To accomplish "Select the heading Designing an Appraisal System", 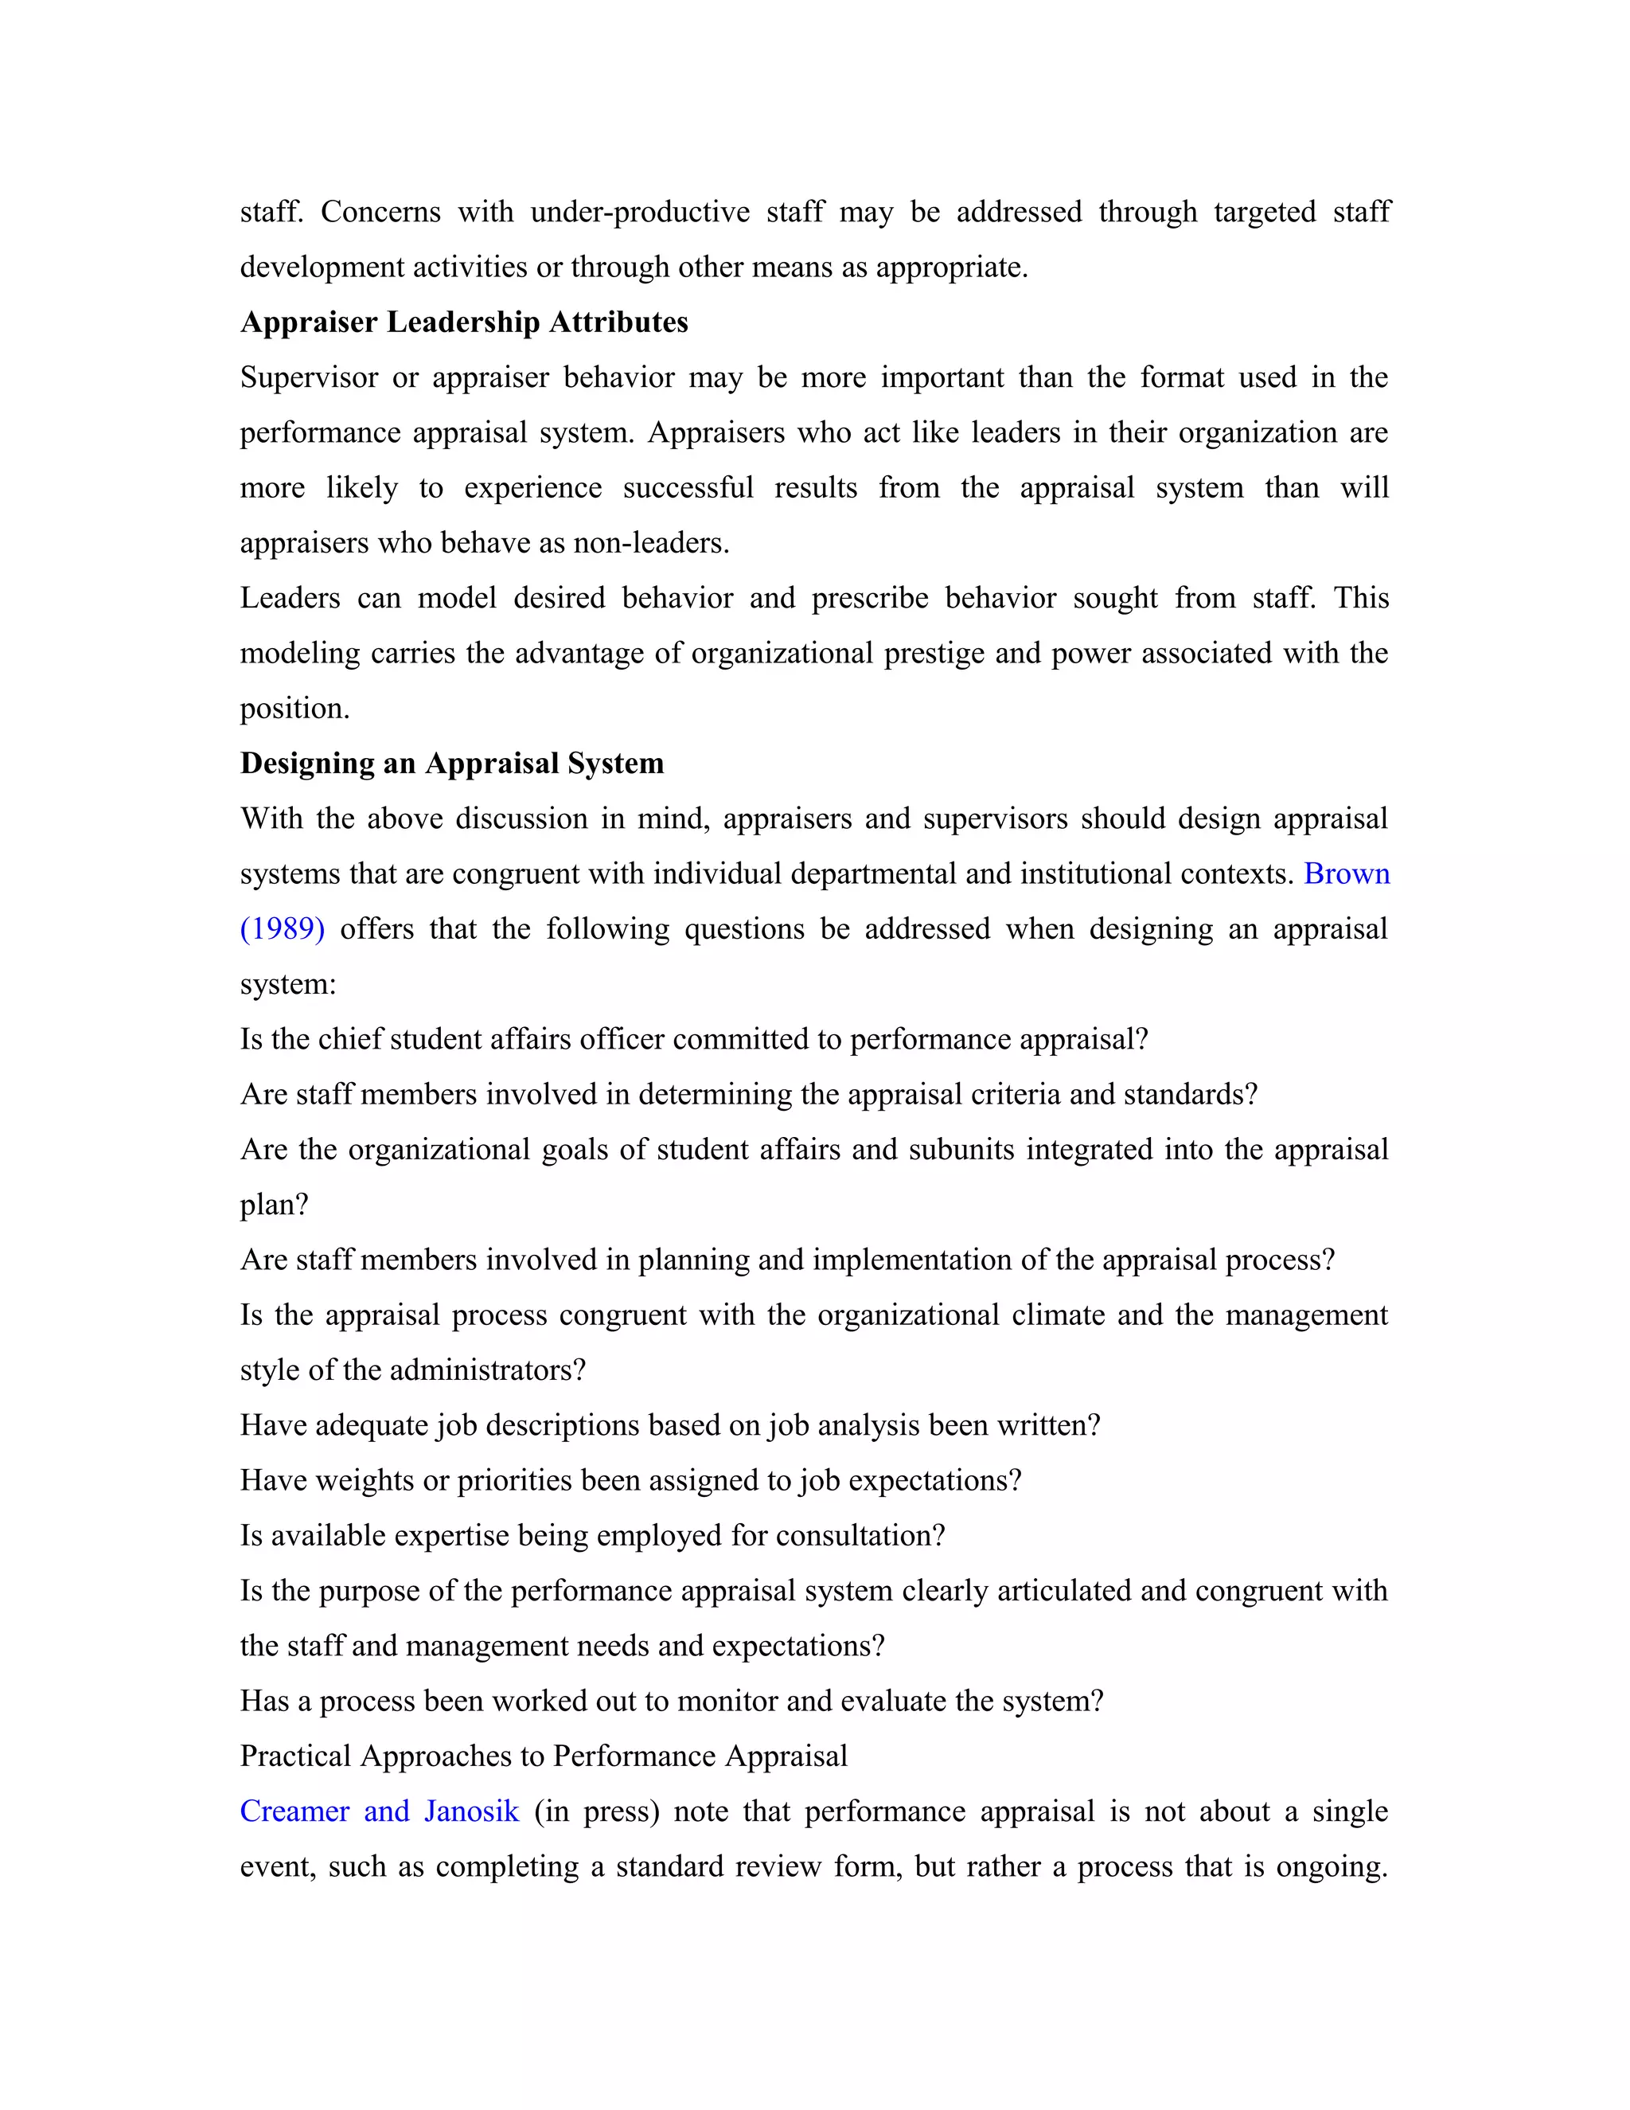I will pyautogui.click(x=452, y=764).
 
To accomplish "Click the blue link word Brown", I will pyautogui.click(x=1346, y=873).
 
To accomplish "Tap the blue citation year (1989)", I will pyautogui.click(x=282, y=928).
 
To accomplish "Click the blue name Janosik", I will pyautogui.click(x=471, y=1811).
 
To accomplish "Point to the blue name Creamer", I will pyautogui.click(x=294, y=1811).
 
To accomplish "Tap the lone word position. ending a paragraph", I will pyautogui.click(x=294, y=708).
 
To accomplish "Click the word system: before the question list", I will pyautogui.click(x=288, y=984).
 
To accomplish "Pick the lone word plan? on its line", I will pyautogui.click(x=275, y=1205).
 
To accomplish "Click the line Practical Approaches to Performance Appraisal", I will pyautogui.click(x=544, y=1756).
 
